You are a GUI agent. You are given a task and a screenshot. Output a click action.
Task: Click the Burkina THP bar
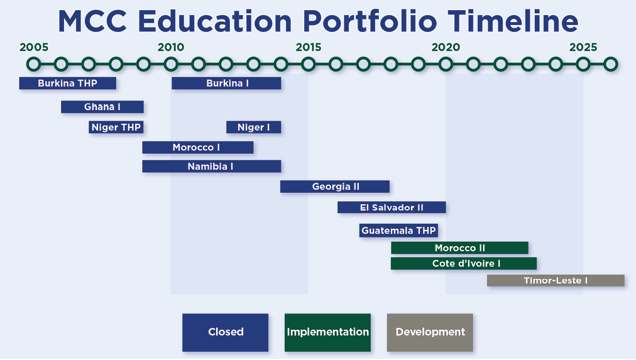[x=68, y=83]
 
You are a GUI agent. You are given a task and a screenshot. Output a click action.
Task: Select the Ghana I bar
[x=102, y=107]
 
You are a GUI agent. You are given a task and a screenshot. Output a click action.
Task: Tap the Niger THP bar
[x=116, y=128]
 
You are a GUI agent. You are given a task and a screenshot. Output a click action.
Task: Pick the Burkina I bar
[x=226, y=83]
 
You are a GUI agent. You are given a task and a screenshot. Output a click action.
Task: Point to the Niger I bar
[x=253, y=128]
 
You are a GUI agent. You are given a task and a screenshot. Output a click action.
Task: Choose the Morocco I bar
[x=198, y=147]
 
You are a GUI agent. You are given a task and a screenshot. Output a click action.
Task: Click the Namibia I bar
[x=212, y=166]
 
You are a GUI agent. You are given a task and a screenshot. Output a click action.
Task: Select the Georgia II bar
[x=335, y=187]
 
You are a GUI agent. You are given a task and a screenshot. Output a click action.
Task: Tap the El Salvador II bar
[x=392, y=207]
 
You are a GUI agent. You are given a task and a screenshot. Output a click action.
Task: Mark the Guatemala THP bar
[x=398, y=231]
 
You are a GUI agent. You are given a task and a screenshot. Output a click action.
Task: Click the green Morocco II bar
[x=459, y=248]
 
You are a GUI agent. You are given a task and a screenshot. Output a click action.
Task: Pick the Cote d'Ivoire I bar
[x=464, y=263]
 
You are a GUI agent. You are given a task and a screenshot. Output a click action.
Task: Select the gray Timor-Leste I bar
[x=556, y=281]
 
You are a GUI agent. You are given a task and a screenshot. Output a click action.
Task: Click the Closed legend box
[x=225, y=332]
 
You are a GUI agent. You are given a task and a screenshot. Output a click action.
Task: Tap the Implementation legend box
[x=327, y=332]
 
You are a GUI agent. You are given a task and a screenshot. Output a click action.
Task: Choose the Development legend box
[x=430, y=332]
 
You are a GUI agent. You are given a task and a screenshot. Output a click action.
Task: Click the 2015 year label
[x=309, y=47]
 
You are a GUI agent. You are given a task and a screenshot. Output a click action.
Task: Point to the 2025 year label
[x=583, y=47]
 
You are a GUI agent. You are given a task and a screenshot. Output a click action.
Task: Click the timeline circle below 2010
[x=171, y=64]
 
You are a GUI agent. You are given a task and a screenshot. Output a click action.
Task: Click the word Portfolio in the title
[x=370, y=21]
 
